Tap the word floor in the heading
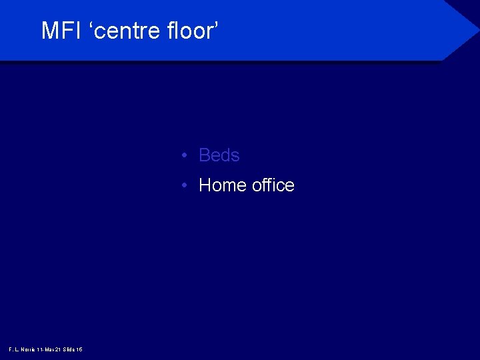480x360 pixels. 189,31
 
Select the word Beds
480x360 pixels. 219,155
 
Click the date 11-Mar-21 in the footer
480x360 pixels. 49,349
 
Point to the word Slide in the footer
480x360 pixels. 69,349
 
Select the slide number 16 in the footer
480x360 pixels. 79,349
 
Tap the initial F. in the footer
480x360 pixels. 11,349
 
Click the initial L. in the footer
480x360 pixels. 16,349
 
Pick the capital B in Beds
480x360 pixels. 205,155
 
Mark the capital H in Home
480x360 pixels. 205,185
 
